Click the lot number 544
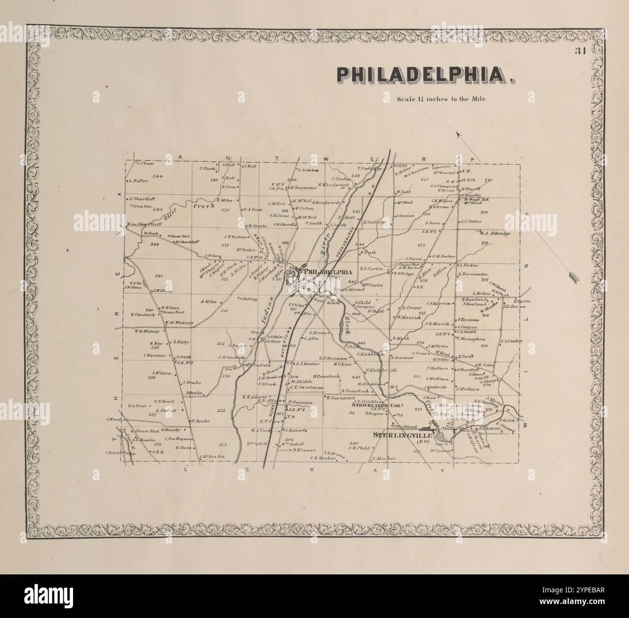coord(158,175)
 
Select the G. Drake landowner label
coord(200,421)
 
